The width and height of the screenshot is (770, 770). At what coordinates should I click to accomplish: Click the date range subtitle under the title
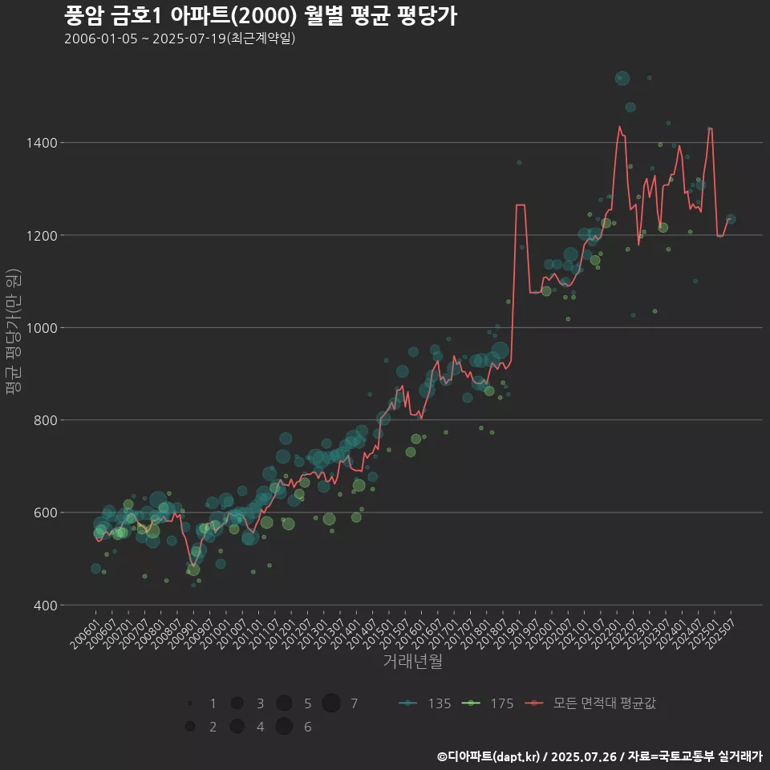180,38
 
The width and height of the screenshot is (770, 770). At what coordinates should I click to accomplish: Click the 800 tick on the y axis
45,420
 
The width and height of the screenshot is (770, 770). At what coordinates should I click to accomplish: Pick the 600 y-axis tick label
45,513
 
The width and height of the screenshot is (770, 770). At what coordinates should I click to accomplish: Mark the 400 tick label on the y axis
45,606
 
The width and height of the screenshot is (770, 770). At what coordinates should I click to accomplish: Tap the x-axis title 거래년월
412,662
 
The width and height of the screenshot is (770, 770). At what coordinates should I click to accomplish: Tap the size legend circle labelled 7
331,703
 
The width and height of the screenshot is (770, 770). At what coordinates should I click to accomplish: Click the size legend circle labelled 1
190,703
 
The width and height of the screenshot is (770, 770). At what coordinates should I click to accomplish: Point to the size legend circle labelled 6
283,727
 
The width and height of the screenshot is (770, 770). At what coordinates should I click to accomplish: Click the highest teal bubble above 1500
622,78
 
